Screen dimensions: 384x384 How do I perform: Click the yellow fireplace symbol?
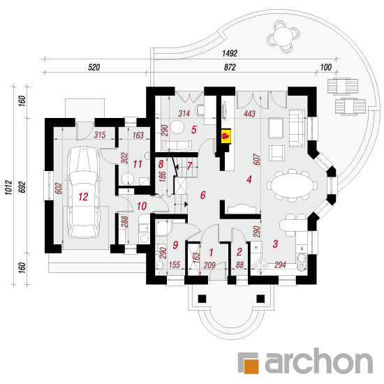226,135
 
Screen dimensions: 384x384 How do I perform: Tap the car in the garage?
84,192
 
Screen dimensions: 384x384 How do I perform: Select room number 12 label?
83,197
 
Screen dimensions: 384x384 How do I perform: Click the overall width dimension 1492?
230,53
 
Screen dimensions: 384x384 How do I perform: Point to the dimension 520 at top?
94,67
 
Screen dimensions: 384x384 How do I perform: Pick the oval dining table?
292,185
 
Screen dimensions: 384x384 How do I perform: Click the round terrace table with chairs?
283,37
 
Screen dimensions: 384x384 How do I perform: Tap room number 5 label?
194,130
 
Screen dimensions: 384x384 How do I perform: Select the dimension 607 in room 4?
256,159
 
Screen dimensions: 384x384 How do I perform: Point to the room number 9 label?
175,244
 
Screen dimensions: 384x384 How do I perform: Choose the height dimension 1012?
9,188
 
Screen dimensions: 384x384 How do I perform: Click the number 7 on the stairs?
189,166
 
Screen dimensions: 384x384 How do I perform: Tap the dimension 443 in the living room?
249,114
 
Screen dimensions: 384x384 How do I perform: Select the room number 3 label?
275,244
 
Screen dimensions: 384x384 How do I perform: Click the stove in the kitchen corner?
260,264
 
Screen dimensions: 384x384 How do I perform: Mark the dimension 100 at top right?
326,67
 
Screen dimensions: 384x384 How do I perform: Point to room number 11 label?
138,164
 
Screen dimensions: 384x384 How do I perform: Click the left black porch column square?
202,299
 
